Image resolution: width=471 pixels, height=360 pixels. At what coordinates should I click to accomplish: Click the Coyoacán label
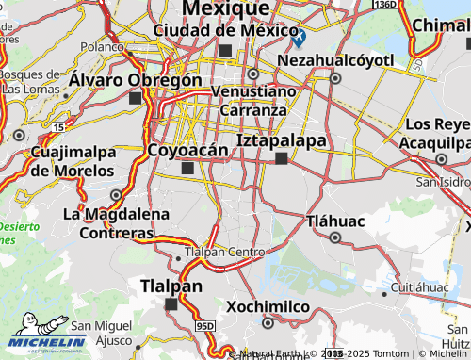point(188,150)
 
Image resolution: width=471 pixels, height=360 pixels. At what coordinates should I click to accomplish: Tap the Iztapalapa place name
point(282,140)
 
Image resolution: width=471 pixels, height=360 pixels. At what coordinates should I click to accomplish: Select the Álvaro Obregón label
point(135,80)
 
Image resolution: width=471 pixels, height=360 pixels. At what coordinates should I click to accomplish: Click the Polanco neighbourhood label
point(103,45)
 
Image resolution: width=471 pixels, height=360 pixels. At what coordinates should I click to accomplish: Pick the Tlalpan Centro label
point(226,252)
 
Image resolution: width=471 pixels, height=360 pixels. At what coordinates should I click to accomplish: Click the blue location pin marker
point(299,38)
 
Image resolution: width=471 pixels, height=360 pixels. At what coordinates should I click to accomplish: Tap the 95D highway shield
point(205,326)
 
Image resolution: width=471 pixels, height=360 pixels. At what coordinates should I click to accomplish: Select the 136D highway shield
point(384,5)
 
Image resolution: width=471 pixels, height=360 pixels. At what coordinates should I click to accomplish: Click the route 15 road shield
point(59,125)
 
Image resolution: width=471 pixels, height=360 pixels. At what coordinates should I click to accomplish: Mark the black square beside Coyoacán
point(187,169)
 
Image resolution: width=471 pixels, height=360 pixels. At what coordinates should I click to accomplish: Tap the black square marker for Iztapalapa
point(281,159)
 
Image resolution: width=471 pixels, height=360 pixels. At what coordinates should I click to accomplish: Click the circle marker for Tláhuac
point(334,237)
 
